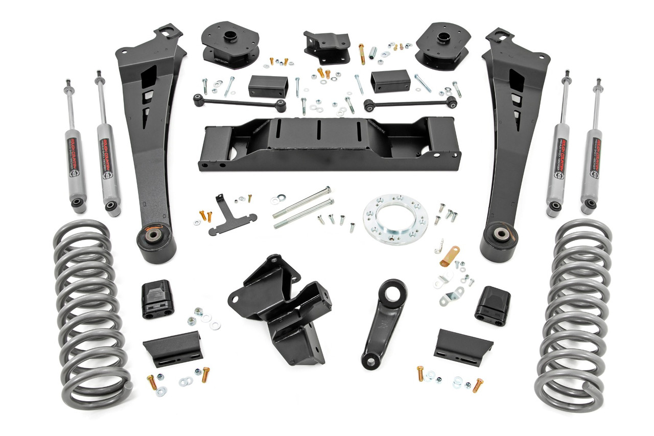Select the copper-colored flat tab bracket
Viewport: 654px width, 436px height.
point(450,255)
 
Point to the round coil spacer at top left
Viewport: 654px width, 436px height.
point(229,44)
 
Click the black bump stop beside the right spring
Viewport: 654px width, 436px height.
point(493,305)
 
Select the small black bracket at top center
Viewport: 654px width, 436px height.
point(326,46)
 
